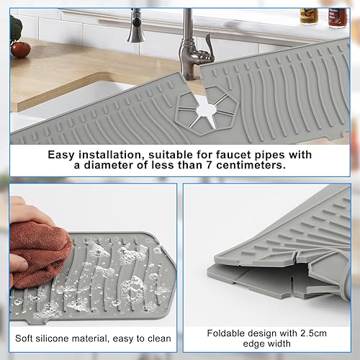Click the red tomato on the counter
click(x=21, y=50)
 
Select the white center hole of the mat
click(x=207, y=110)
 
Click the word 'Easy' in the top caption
click(x=61, y=155)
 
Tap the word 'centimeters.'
click(x=251, y=165)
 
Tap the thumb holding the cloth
click(x=19, y=264)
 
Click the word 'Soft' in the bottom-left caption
click(x=24, y=338)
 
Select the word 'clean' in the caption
click(x=159, y=338)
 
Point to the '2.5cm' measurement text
click(x=313, y=333)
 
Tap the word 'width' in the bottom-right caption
click(x=279, y=343)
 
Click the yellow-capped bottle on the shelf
click(x=309, y=17)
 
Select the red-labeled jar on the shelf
click(x=338, y=18)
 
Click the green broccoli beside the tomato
click(x=16, y=29)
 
